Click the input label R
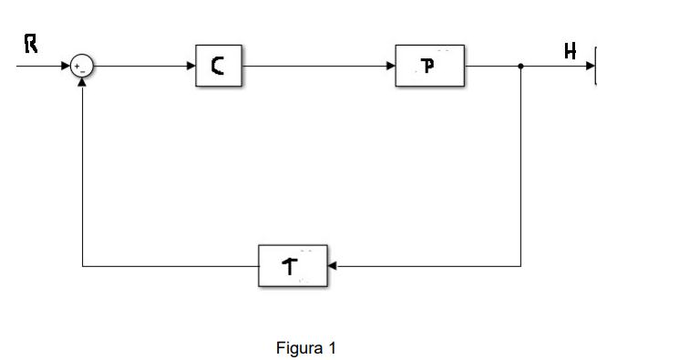[x=30, y=46]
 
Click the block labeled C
[x=219, y=66]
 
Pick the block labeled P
[x=429, y=66]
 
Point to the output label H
[x=571, y=50]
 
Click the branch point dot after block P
[x=520, y=66]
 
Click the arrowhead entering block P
[x=390, y=66]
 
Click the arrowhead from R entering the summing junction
[x=67, y=66]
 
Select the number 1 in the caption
[x=333, y=348]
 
